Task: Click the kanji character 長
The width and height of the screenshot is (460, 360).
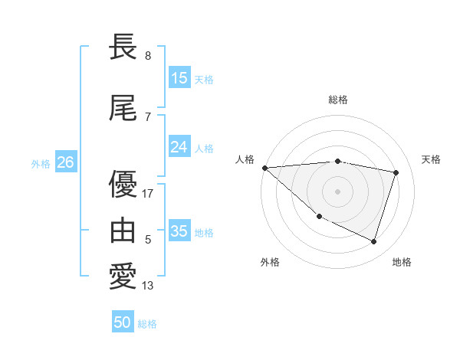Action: pos(123,47)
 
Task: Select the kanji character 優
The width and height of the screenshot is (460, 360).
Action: pos(123,185)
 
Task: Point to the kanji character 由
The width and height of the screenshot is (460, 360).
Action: pos(123,231)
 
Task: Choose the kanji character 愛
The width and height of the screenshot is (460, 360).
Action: pos(123,277)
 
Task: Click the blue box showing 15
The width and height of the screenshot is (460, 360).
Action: pos(179,78)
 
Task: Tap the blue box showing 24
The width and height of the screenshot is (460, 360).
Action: pos(179,147)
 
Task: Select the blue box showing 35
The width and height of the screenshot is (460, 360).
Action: pos(179,231)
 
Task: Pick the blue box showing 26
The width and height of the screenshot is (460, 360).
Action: pos(65,162)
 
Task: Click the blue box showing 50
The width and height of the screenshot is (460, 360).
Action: pos(123,322)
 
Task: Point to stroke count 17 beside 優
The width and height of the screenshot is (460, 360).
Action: pos(148,194)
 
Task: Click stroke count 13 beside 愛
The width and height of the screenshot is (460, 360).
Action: pos(148,286)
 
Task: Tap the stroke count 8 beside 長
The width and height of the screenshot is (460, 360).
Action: pos(147,56)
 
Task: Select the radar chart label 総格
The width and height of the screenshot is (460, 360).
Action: pos(338,100)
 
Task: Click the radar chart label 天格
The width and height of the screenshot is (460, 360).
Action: pos(431,159)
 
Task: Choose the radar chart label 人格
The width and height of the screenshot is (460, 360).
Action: pos(245,159)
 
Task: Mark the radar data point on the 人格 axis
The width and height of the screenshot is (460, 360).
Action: pos(264,168)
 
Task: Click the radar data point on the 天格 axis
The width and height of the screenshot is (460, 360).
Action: pos(396,172)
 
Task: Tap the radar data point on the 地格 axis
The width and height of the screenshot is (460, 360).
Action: pos(373,241)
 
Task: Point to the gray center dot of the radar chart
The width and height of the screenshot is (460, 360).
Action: pos(338,191)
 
